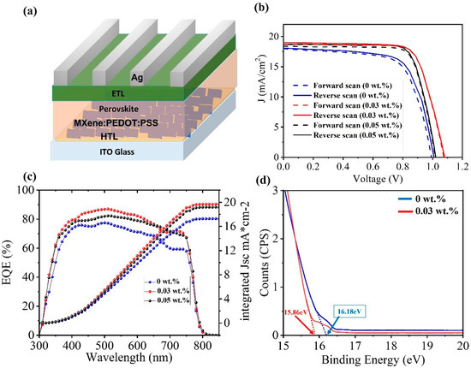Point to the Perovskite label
[x=109, y=113]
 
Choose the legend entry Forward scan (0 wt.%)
[x=361, y=86]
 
